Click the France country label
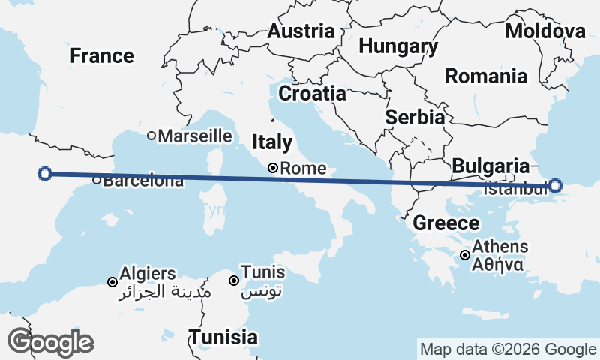tap(102, 55)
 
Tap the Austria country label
tap(301, 31)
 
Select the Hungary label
tap(398, 46)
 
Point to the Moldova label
tap(545, 31)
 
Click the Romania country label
tap(486, 76)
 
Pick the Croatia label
tap(312, 94)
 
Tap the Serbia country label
tap(415, 118)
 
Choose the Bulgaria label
tap(491, 166)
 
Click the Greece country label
tap(446, 223)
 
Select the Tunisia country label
tap(223, 337)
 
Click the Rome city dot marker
tap(274, 169)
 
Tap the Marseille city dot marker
tap(151, 136)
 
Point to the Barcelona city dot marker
tap(97, 180)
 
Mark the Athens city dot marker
tap(466, 255)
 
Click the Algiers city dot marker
tap(112, 282)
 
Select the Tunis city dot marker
tap(234, 280)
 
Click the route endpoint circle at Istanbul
tap(555, 186)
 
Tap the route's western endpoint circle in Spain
tap(44, 174)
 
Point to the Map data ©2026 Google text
tap(508, 349)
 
